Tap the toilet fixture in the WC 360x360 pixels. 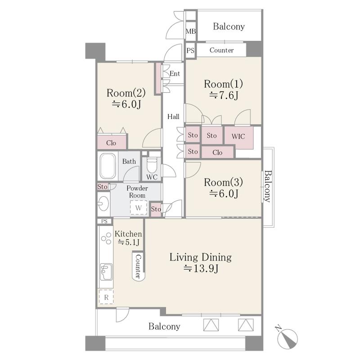(152, 165)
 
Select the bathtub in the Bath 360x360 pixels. (108, 166)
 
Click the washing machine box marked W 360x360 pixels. (139, 208)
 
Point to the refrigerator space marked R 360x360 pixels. (106, 297)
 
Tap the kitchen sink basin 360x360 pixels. (106, 272)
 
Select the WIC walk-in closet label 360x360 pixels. (238, 137)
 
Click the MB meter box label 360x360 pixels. (190, 31)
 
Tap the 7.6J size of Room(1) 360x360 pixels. (224, 95)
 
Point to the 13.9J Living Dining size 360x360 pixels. (201, 268)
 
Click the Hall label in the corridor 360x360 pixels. (173, 117)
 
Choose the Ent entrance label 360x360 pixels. (175, 74)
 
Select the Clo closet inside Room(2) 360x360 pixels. (112, 143)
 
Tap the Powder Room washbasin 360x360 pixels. (103, 203)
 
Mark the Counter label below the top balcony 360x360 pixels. (221, 50)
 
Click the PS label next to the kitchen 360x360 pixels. (104, 221)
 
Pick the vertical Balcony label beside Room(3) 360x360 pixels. (267, 186)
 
